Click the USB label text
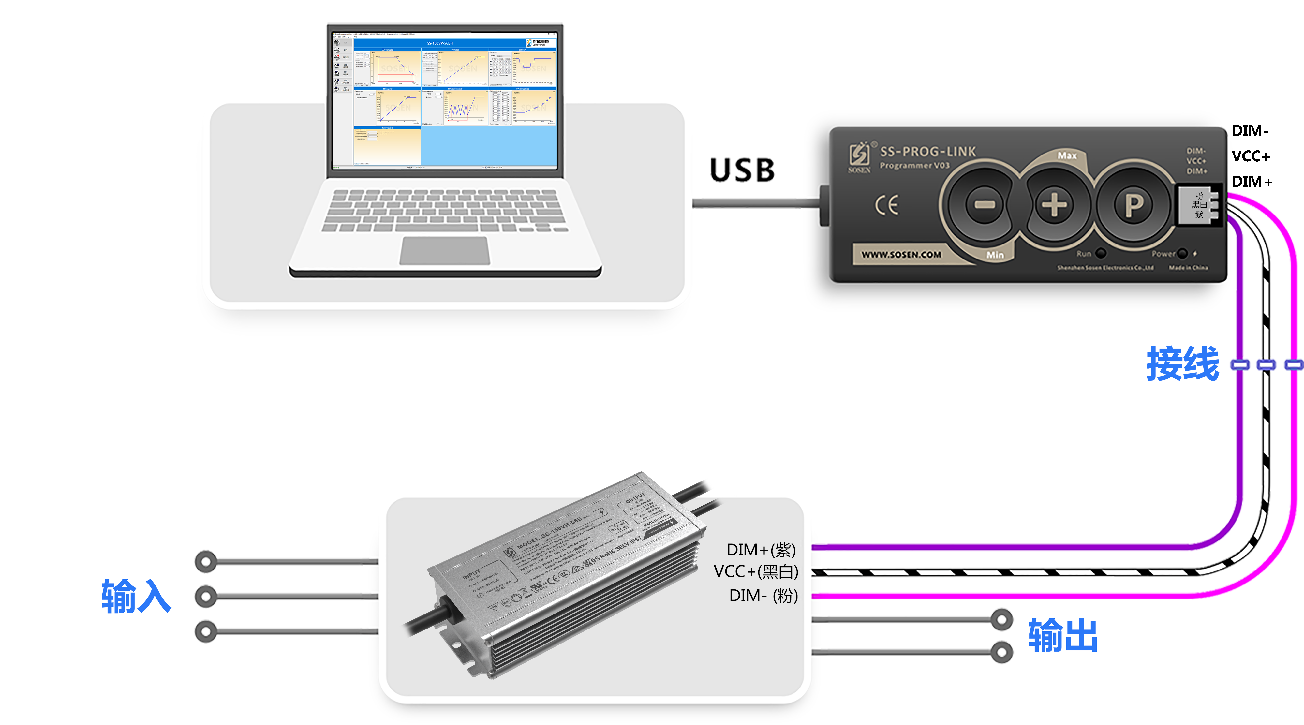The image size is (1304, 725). (x=742, y=170)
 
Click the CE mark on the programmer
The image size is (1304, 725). (x=887, y=205)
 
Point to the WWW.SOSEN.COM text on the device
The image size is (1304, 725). (x=902, y=255)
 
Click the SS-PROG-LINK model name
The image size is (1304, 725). (x=927, y=151)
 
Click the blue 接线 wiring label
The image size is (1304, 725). (x=1182, y=363)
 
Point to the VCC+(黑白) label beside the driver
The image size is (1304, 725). (x=756, y=571)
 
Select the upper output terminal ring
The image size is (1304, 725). (x=1001, y=619)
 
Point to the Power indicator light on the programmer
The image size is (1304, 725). (x=1182, y=253)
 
